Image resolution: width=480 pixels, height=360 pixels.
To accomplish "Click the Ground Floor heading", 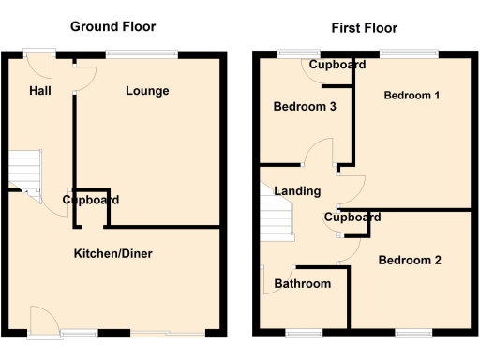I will coord(113,26).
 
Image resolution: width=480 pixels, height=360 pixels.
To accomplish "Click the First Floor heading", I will coord(364,28).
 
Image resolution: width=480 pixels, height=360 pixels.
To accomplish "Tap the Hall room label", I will coord(40,90).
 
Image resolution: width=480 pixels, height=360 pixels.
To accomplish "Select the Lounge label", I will coord(147,91).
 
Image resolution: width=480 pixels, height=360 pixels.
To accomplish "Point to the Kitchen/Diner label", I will coord(114,253).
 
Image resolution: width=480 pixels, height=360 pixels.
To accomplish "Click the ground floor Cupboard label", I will coord(91,200).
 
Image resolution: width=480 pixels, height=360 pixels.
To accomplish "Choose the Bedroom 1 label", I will coord(412,95).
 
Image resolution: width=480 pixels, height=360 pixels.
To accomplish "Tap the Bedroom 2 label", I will coord(410,260).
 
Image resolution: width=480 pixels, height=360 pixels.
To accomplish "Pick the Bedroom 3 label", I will coord(305,107).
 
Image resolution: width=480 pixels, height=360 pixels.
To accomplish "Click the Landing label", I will coord(297,191).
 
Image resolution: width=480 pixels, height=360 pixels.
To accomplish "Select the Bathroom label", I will coord(302,284).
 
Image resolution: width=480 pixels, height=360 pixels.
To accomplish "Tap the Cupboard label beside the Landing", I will coord(352,217).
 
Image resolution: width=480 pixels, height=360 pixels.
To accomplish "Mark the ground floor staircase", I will coord(25,172).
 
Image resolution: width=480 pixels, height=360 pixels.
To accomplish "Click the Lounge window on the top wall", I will coord(141,53).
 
